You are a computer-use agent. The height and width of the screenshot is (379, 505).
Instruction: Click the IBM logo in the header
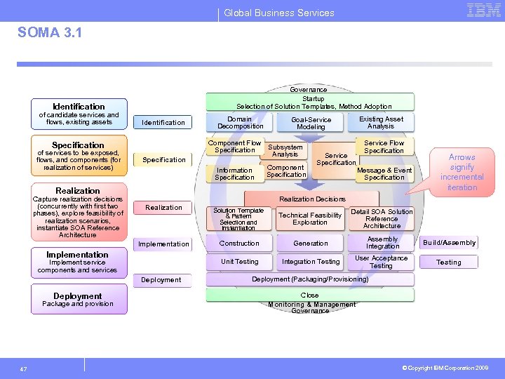tap(483, 11)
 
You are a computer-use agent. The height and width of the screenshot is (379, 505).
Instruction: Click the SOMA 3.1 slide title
tap(49, 33)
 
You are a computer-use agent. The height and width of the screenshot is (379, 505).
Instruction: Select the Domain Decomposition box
tap(240, 123)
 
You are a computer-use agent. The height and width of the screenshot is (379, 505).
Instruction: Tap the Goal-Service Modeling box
tap(311, 124)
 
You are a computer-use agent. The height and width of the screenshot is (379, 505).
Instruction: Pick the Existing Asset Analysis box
tap(381, 123)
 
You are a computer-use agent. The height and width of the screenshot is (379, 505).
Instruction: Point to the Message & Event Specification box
tap(384, 173)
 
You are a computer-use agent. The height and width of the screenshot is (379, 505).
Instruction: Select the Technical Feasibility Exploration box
tap(310, 219)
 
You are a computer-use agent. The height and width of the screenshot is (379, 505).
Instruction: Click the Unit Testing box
tap(239, 262)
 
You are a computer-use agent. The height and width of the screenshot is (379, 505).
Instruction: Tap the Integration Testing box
tap(311, 262)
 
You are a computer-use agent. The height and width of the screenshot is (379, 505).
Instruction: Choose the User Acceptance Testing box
tap(381, 262)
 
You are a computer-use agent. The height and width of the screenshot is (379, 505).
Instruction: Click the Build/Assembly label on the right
tap(449, 243)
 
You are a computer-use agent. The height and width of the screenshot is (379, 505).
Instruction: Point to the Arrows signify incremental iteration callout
tap(462, 172)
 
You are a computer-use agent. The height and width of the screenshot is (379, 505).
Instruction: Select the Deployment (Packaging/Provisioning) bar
tap(310, 279)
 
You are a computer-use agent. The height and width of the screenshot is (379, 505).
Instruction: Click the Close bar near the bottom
tap(309, 295)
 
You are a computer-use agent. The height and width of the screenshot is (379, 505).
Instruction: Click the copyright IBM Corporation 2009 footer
tap(445, 367)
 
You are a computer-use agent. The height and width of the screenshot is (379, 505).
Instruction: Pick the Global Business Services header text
tap(279, 13)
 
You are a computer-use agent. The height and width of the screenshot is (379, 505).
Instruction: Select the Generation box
tap(311, 244)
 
